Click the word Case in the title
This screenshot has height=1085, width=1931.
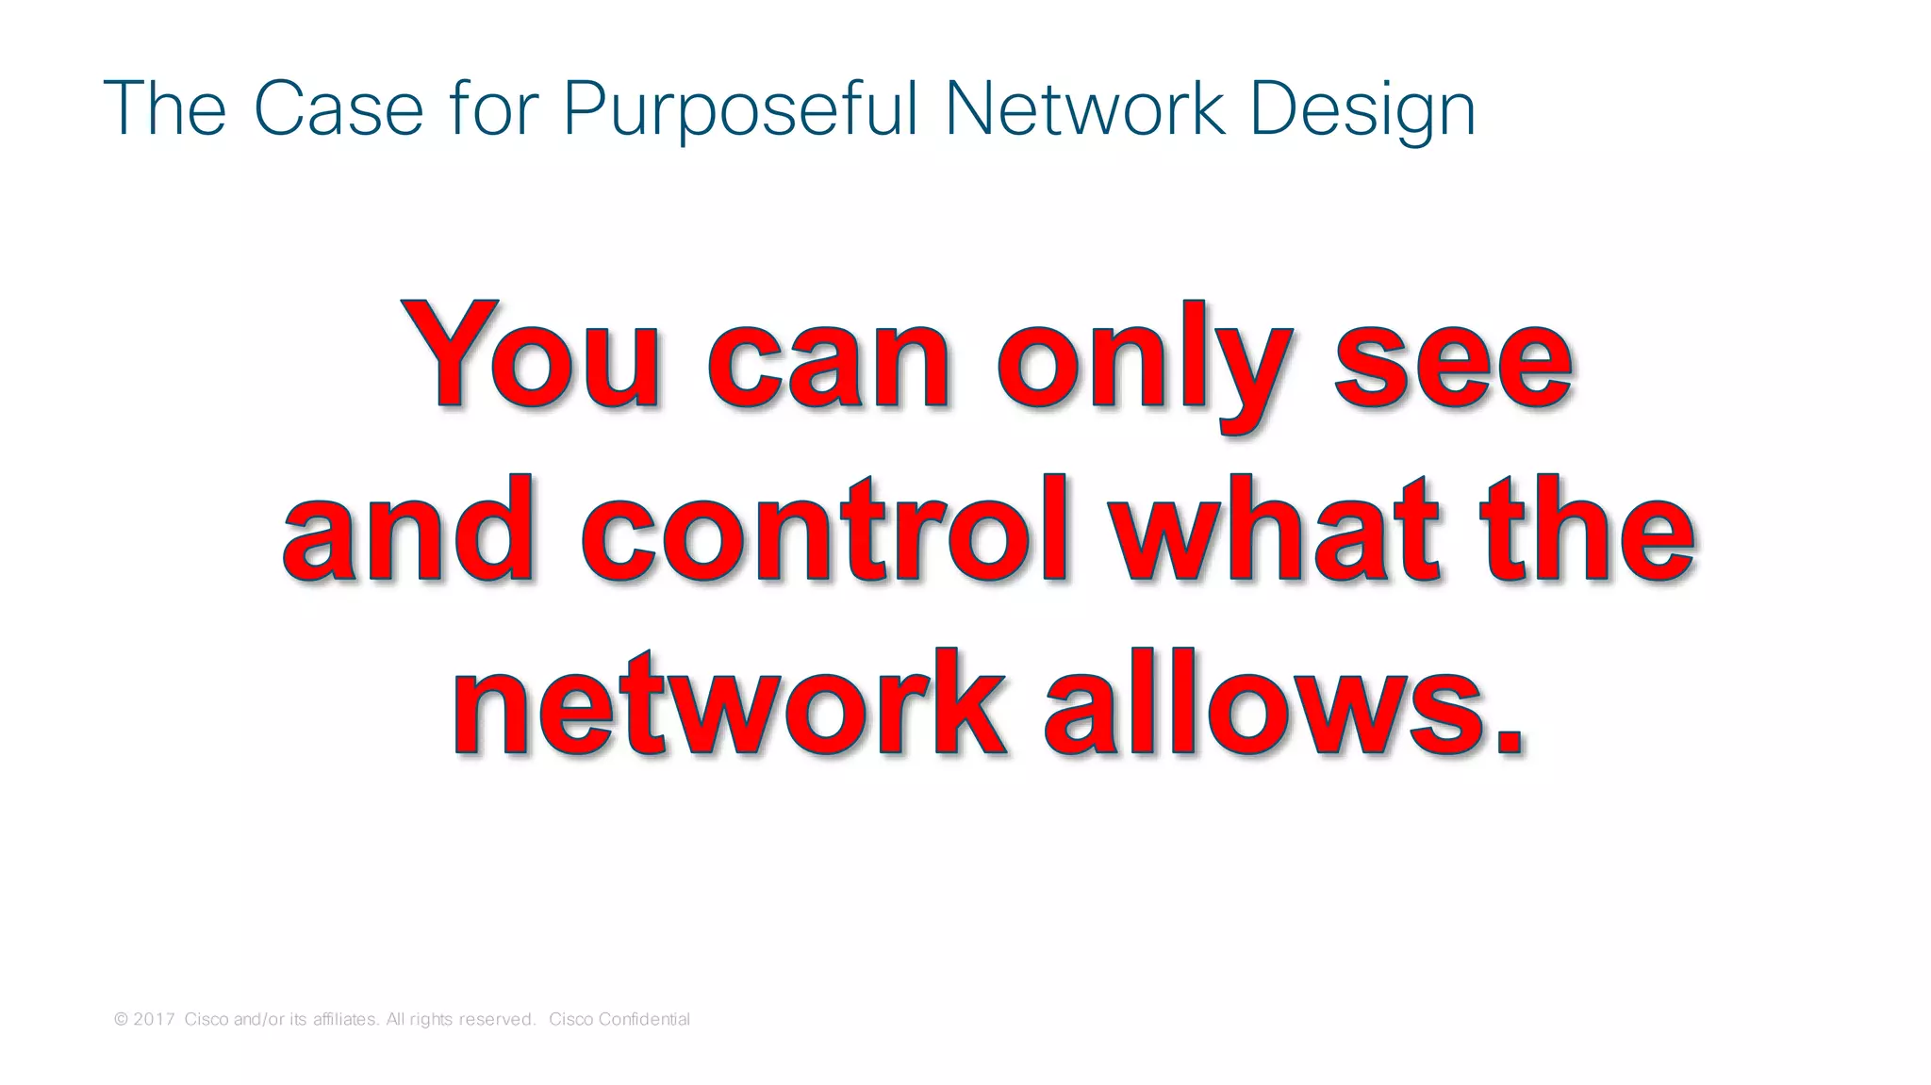338,109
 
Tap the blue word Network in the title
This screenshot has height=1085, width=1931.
1085,109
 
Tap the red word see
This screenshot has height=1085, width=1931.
1453,362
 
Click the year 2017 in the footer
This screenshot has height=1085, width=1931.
154,1019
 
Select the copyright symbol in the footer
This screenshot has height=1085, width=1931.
121,1019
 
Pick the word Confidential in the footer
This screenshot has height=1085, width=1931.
644,1019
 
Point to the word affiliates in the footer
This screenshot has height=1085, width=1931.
346,1019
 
